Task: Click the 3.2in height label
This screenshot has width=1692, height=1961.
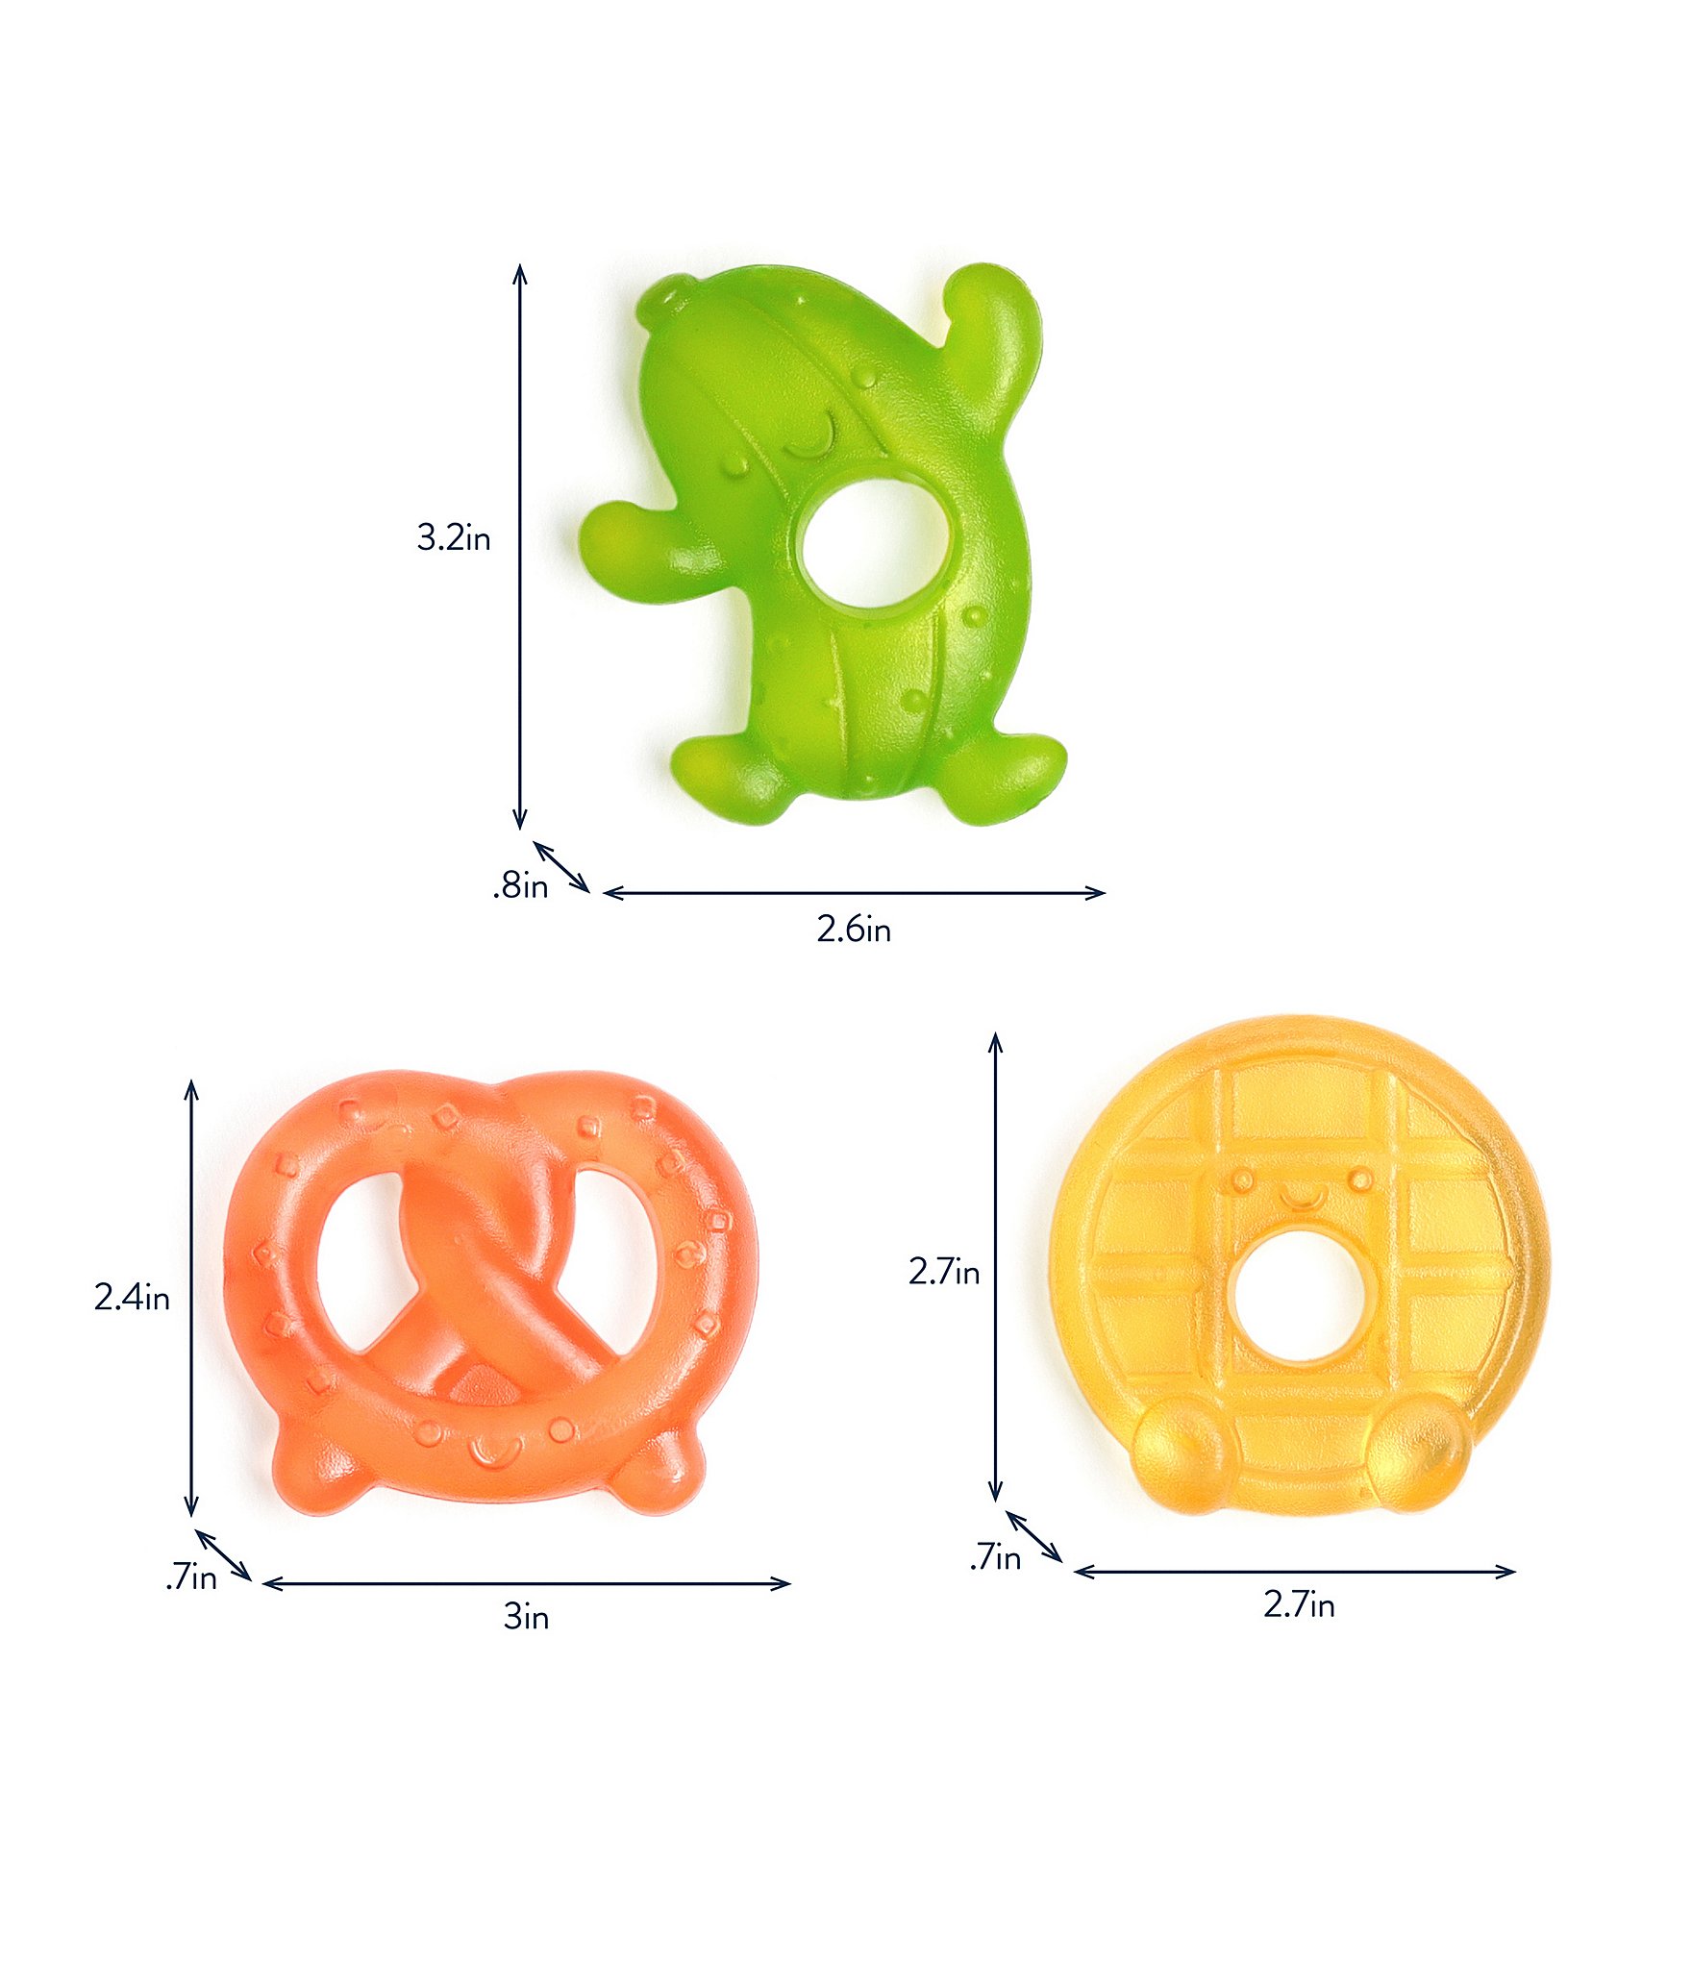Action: pos(454,537)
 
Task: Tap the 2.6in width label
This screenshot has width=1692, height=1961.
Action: pos(854,930)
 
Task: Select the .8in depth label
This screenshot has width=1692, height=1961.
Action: pos(521,885)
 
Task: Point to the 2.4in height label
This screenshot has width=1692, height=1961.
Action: pos(132,1298)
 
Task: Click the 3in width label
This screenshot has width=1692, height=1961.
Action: pos(526,1618)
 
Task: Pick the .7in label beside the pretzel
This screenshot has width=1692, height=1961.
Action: pos(191,1577)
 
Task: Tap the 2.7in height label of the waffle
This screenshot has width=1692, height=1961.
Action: pos(944,1272)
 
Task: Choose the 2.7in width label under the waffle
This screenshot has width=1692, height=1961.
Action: pos(1299,1604)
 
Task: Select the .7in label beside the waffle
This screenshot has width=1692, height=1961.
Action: pos(995,1556)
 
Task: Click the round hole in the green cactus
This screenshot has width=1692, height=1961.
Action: pos(874,543)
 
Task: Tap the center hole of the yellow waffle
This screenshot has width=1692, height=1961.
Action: pos(1298,1296)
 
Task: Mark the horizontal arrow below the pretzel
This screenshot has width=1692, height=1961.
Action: pos(526,1583)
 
